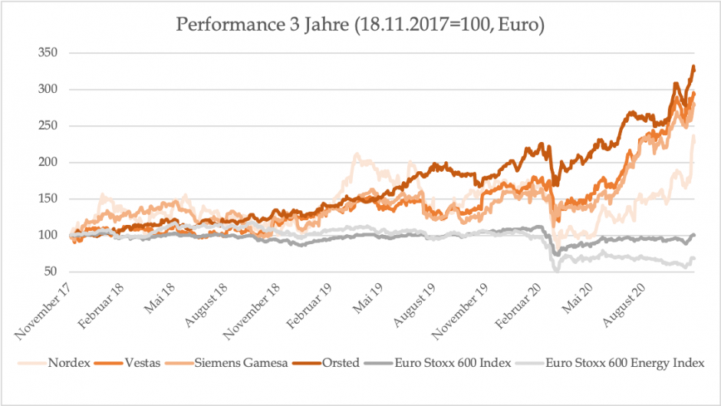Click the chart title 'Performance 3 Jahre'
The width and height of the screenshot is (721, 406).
[x=360, y=25]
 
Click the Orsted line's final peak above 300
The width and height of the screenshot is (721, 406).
[x=693, y=68]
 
